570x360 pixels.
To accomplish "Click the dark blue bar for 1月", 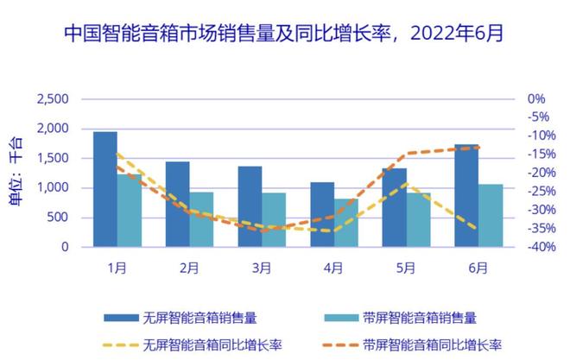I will [x=104, y=189].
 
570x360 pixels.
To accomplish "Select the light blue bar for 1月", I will [x=129, y=211].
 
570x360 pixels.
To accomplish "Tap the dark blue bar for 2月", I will [x=177, y=204].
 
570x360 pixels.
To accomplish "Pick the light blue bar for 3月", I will [x=274, y=219].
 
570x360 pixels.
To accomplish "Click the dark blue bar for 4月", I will [x=322, y=214].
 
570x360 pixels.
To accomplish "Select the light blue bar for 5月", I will [x=419, y=219].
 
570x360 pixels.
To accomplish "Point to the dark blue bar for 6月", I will [x=466, y=195].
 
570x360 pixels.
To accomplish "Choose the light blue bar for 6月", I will [x=491, y=215].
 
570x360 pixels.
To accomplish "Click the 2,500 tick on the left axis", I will [x=53, y=99].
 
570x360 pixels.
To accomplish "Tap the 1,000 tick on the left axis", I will [x=53, y=188].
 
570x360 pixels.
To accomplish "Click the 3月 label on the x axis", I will [x=262, y=267].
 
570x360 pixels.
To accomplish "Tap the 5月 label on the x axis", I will [x=407, y=267].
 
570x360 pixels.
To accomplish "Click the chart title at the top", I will [x=284, y=34].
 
